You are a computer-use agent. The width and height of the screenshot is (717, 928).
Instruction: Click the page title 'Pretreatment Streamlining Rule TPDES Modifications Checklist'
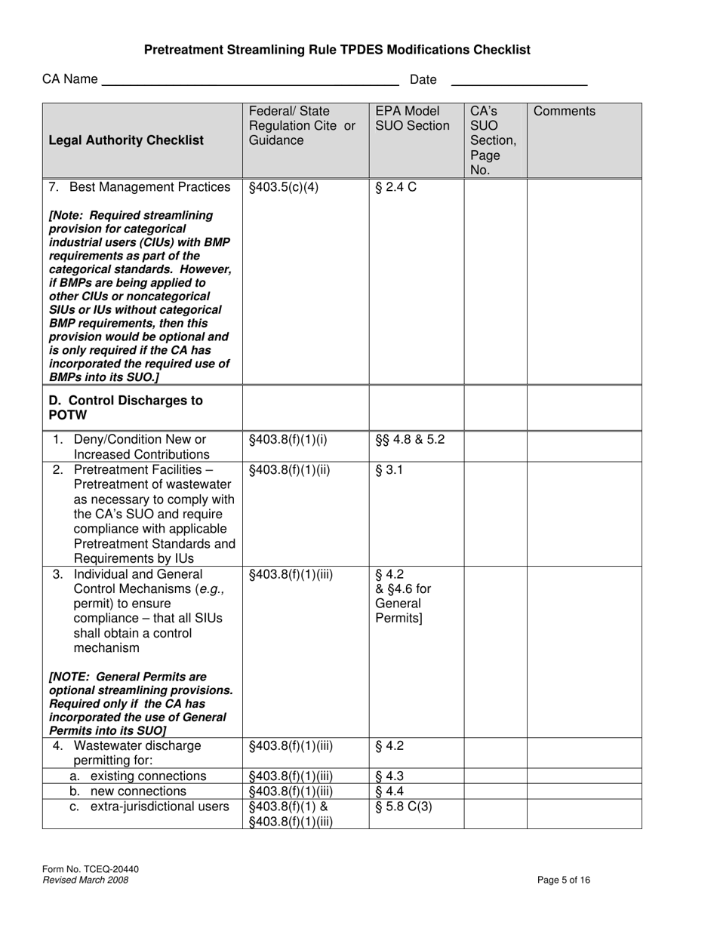click(337, 50)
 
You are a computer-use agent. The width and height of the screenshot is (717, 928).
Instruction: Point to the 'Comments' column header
click(564, 112)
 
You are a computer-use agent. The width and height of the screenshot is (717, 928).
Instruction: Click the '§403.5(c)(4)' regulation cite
click(284, 187)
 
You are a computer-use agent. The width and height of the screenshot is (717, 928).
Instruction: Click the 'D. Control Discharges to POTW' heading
click(126, 407)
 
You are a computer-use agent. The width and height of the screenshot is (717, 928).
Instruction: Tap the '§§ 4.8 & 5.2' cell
click(410, 439)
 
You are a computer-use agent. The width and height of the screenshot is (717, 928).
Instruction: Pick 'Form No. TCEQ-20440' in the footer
click(91, 869)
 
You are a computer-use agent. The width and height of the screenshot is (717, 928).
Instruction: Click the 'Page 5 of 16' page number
click(564, 880)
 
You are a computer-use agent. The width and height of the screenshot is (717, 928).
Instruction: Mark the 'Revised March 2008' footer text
click(85, 880)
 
